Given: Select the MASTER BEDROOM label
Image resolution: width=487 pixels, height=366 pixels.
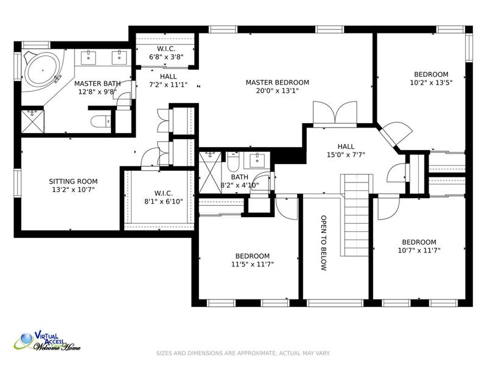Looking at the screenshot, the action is [278, 82].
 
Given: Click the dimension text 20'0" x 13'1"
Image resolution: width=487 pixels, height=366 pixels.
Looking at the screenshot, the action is [278, 91].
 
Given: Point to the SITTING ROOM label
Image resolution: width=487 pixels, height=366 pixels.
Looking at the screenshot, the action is [73, 181].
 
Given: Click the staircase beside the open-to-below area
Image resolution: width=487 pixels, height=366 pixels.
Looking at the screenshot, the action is [357, 215].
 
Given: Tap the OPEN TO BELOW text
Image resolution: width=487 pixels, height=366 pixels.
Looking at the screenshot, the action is [323, 243].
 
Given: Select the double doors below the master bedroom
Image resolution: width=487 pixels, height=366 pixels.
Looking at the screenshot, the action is [335, 113].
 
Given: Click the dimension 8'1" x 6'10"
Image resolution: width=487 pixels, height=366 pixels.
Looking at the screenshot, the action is [164, 202].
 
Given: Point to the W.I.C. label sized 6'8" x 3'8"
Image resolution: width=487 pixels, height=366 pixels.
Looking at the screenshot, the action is [166, 49].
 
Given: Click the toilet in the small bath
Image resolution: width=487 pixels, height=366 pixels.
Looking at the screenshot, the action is [233, 161].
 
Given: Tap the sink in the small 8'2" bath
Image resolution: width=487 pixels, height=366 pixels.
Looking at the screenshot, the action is [257, 160].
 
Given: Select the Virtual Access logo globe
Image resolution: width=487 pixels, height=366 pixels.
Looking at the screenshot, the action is [26, 339].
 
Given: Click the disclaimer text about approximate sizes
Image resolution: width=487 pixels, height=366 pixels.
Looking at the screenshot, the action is [243, 353].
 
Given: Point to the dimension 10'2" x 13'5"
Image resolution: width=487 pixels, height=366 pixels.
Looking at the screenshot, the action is [432, 83].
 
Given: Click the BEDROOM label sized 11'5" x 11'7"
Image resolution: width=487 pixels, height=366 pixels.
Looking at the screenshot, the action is [253, 256].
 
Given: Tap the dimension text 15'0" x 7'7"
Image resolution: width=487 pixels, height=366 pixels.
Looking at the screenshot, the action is [346, 155].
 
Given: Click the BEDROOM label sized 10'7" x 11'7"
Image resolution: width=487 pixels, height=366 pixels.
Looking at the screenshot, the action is [419, 242].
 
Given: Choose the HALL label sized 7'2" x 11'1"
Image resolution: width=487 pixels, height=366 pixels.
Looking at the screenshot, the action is [169, 77].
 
